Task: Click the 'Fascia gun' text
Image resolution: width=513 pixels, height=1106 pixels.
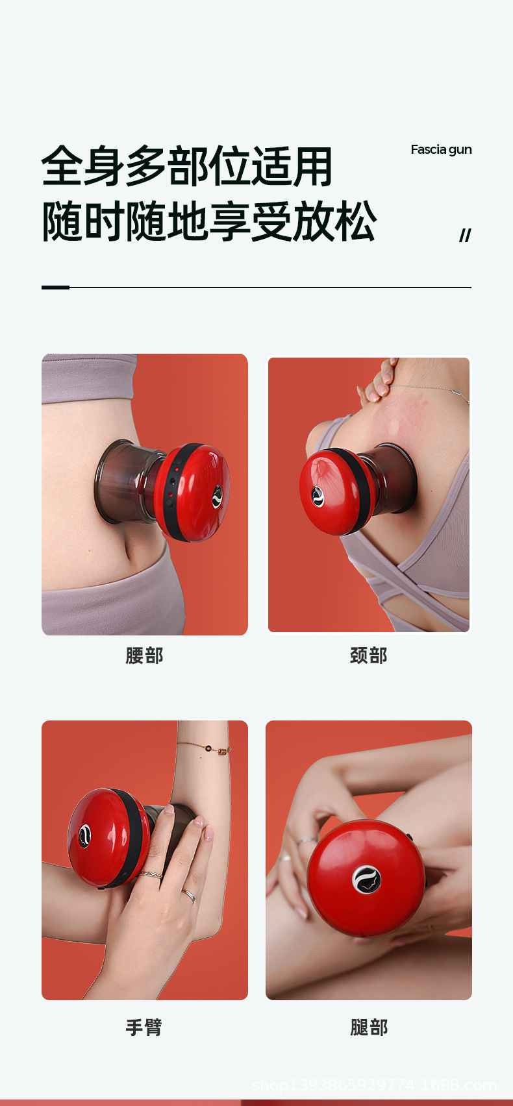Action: (x=441, y=149)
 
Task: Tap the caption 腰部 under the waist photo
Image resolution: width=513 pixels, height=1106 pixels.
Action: (x=144, y=656)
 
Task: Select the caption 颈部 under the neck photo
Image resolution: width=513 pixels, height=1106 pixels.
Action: (x=369, y=656)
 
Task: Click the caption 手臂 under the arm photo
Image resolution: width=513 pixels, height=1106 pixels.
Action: (x=144, y=1027)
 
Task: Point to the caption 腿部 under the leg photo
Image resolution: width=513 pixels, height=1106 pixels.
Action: (x=369, y=1027)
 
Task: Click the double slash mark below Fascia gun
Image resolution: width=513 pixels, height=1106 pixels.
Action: (x=465, y=236)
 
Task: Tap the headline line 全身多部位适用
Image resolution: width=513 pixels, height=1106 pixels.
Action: (x=187, y=166)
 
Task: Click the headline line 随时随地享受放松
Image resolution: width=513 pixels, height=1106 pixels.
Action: (x=208, y=221)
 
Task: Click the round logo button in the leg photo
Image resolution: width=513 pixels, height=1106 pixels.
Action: (x=366, y=879)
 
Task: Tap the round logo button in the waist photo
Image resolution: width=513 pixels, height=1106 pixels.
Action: (x=218, y=496)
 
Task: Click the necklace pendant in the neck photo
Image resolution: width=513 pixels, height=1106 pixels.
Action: (x=459, y=393)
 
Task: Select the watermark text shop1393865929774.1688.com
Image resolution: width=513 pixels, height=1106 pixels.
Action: (x=374, y=1085)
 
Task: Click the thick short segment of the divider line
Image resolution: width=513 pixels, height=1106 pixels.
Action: (x=55, y=287)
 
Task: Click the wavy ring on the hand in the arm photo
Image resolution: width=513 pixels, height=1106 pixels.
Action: (x=150, y=876)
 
